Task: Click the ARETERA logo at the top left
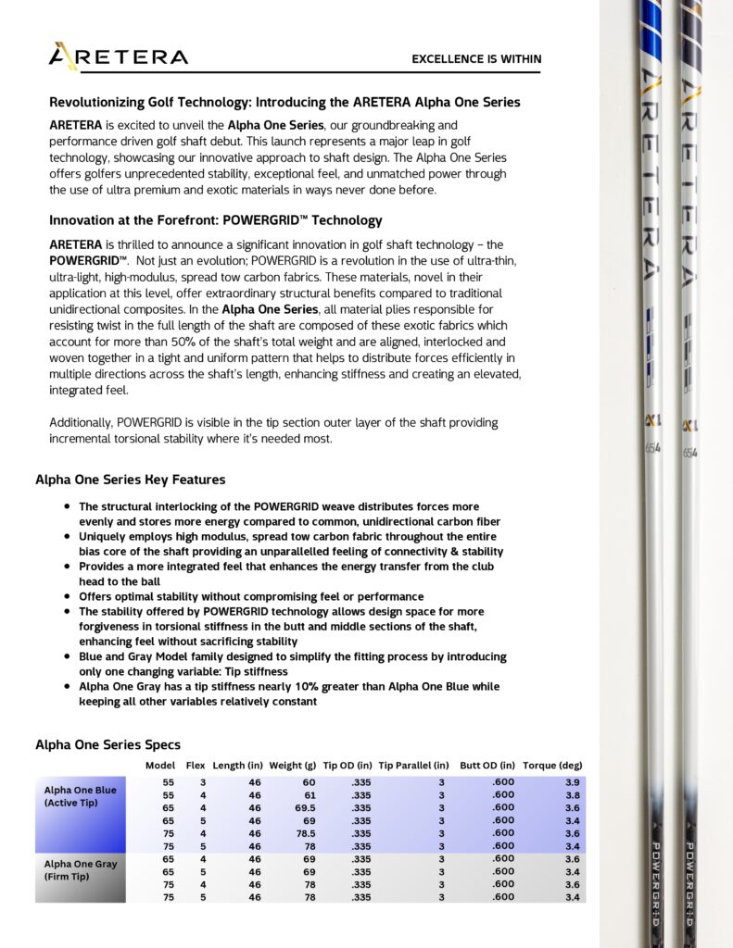(x=118, y=56)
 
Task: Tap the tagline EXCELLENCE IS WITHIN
(x=476, y=59)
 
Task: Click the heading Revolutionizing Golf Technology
(x=284, y=103)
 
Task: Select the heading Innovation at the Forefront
(x=215, y=220)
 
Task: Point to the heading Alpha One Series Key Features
(x=130, y=480)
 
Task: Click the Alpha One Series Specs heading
(x=107, y=744)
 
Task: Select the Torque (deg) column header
(x=552, y=766)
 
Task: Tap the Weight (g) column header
(x=292, y=766)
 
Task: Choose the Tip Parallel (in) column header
(x=414, y=766)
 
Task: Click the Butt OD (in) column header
(x=487, y=766)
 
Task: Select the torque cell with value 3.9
(x=573, y=782)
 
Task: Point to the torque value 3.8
(x=573, y=795)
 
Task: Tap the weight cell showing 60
(x=309, y=782)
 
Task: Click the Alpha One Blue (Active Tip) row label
(x=81, y=796)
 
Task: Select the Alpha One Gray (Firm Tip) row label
(x=81, y=870)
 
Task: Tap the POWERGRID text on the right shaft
(x=690, y=884)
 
